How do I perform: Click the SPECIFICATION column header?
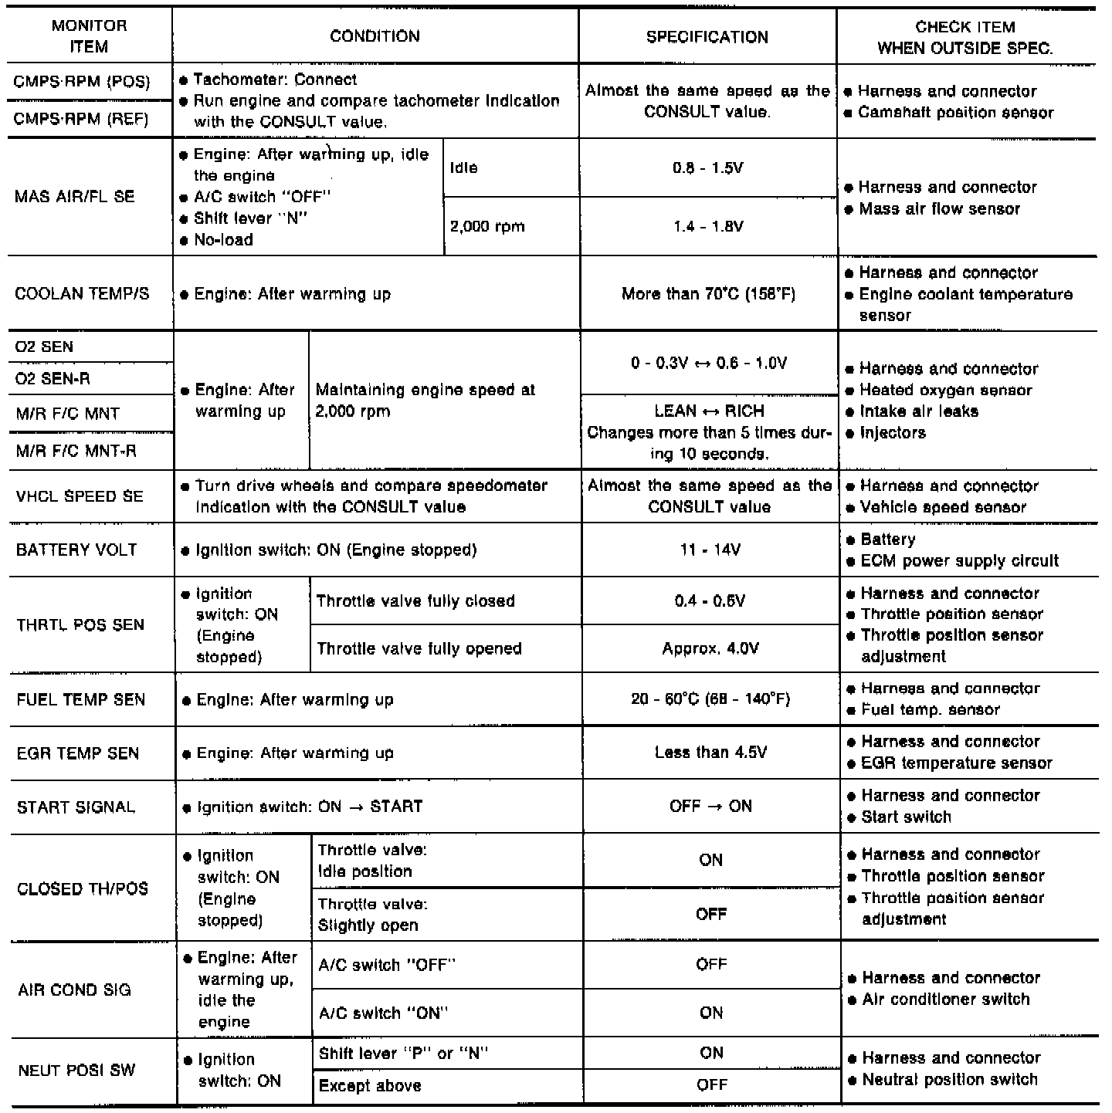coord(707,36)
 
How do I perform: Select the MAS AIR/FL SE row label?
coord(75,197)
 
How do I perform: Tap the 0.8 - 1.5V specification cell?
coord(707,167)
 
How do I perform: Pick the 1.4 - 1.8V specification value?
coord(707,226)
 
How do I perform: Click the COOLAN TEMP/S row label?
coord(82,294)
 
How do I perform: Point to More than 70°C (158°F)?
coord(707,294)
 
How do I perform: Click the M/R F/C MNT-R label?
coord(76,451)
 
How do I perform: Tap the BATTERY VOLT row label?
coord(76,550)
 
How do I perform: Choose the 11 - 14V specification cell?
coord(710,550)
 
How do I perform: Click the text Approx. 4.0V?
coord(710,648)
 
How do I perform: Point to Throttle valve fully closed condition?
coord(415,601)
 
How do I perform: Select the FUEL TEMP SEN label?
coord(80,699)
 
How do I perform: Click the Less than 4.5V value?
coord(710,753)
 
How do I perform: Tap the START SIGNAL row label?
coord(76,807)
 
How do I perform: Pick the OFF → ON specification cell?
coord(710,807)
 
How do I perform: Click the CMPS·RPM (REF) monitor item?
coord(82,120)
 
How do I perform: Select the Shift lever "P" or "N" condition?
coord(403,1054)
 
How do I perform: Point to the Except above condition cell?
coord(370,1086)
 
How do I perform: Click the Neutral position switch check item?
coord(949,1079)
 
